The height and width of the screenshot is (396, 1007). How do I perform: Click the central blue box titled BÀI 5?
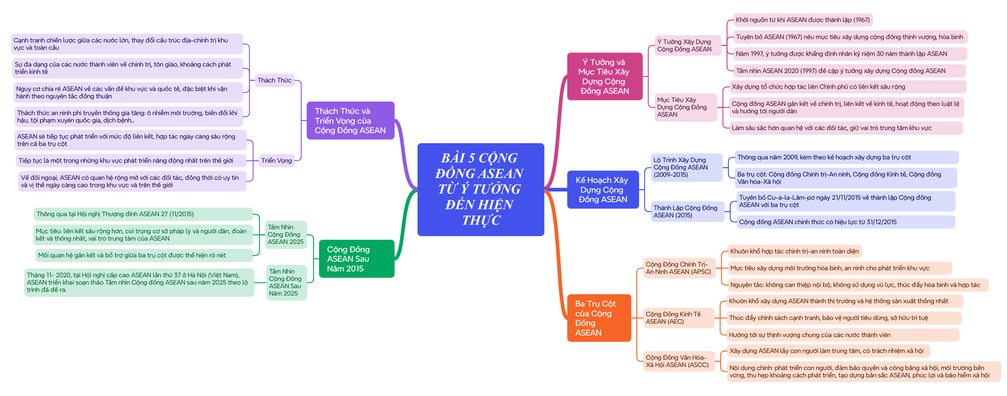click(x=480, y=189)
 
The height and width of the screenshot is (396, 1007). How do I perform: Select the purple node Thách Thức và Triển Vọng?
click(x=350, y=120)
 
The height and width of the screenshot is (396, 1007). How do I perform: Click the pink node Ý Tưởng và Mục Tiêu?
click(x=604, y=76)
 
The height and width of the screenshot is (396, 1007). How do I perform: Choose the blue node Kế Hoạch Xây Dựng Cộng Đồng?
click(x=603, y=190)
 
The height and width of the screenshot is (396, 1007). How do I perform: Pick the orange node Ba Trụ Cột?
click(x=599, y=318)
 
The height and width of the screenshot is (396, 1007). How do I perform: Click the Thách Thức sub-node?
click(x=274, y=80)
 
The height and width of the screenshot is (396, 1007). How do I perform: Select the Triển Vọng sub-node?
click(x=276, y=160)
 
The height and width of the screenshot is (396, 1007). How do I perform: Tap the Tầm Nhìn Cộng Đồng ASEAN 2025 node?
click(x=286, y=234)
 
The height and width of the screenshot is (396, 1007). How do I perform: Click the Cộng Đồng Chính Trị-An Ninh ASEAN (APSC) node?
click(x=679, y=268)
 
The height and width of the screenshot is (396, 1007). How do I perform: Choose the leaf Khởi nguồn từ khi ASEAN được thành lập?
click(x=802, y=20)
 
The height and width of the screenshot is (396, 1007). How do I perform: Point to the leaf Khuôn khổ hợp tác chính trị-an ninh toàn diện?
click(x=794, y=251)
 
